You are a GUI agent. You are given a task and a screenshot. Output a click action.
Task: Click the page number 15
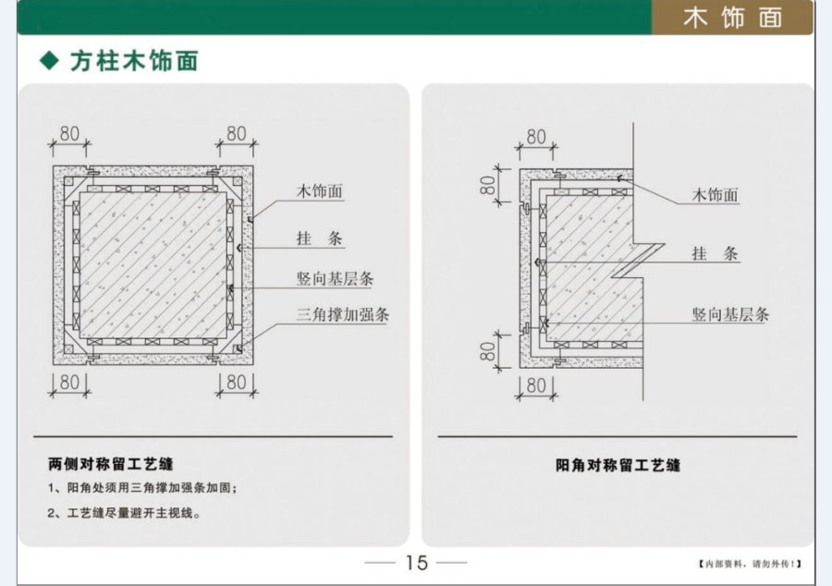[417, 563]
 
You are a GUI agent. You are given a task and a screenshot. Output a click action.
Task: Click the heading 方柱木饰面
[134, 61]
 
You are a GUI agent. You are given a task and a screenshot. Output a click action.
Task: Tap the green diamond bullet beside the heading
[49, 60]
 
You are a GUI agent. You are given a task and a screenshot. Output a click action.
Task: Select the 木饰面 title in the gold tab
[733, 18]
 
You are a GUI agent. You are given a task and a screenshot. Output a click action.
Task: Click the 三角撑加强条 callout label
[343, 314]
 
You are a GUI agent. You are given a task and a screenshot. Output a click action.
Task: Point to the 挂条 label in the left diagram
[320, 238]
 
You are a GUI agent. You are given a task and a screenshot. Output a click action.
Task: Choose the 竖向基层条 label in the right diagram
[730, 314]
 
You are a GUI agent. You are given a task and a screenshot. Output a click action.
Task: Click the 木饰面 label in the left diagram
[320, 191]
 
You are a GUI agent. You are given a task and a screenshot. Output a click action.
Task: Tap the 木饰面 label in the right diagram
[715, 195]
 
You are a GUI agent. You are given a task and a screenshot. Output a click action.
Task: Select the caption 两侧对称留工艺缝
[110, 464]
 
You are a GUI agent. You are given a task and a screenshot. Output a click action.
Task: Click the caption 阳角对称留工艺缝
[618, 465]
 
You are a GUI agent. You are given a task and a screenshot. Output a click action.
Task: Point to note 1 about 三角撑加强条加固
[142, 487]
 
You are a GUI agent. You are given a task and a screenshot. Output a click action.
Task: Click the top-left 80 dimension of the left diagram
[69, 134]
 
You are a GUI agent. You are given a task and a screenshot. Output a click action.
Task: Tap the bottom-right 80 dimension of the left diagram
[236, 382]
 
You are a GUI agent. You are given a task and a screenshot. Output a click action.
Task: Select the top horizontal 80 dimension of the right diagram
[536, 137]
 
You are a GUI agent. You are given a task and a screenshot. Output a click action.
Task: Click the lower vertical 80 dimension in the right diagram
[488, 351]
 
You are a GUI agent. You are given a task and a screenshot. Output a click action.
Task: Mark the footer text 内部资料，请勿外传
[749, 564]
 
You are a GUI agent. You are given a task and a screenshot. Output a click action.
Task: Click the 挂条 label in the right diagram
[715, 253]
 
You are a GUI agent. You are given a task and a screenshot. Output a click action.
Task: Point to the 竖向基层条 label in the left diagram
[335, 278]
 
